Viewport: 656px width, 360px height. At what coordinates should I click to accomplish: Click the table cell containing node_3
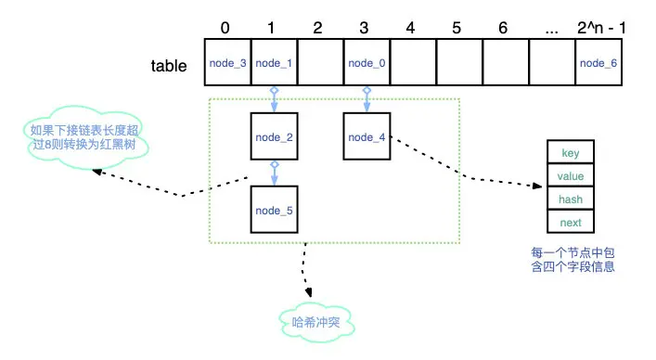tap(227, 64)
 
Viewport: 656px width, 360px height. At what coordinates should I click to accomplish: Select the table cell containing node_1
tap(274, 64)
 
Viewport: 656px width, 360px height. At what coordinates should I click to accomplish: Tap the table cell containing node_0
tap(367, 64)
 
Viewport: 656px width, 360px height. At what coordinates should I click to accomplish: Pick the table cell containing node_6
tap(598, 64)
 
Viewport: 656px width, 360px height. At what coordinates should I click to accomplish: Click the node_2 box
tap(274, 137)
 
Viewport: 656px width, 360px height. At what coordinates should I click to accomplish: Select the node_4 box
tap(367, 137)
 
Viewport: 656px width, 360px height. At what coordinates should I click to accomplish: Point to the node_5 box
tap(274, 210)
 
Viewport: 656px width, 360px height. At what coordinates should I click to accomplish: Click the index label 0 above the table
tap(225, 27)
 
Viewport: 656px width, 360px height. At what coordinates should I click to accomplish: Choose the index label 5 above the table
tap(457, 27)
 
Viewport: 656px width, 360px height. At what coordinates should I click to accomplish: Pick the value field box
tap(571, 176)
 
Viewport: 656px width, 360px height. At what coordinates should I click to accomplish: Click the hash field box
tap(571, 199)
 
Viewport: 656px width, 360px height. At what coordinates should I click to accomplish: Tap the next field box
tap(571, 223)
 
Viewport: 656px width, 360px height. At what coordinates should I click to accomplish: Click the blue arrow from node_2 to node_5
tap(274, 174)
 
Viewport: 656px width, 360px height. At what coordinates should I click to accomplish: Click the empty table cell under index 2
tap(320, 64)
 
